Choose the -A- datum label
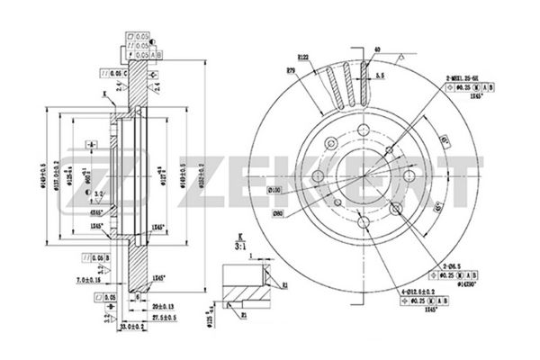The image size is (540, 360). coord(91,145)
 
